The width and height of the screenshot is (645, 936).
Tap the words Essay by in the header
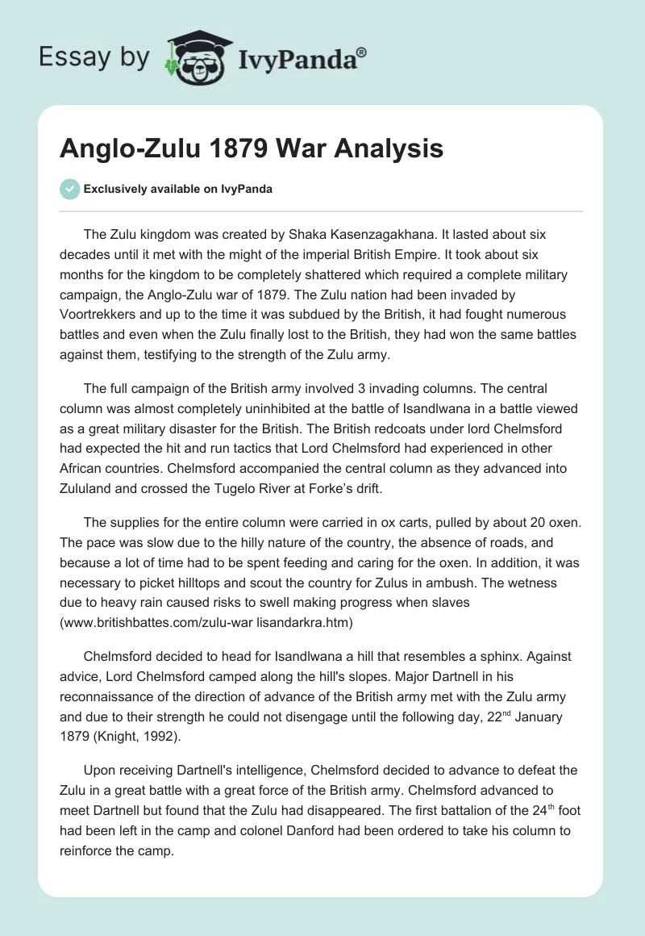[x=94, y=58]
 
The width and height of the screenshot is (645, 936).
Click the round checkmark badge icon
[x=70, y=189]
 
